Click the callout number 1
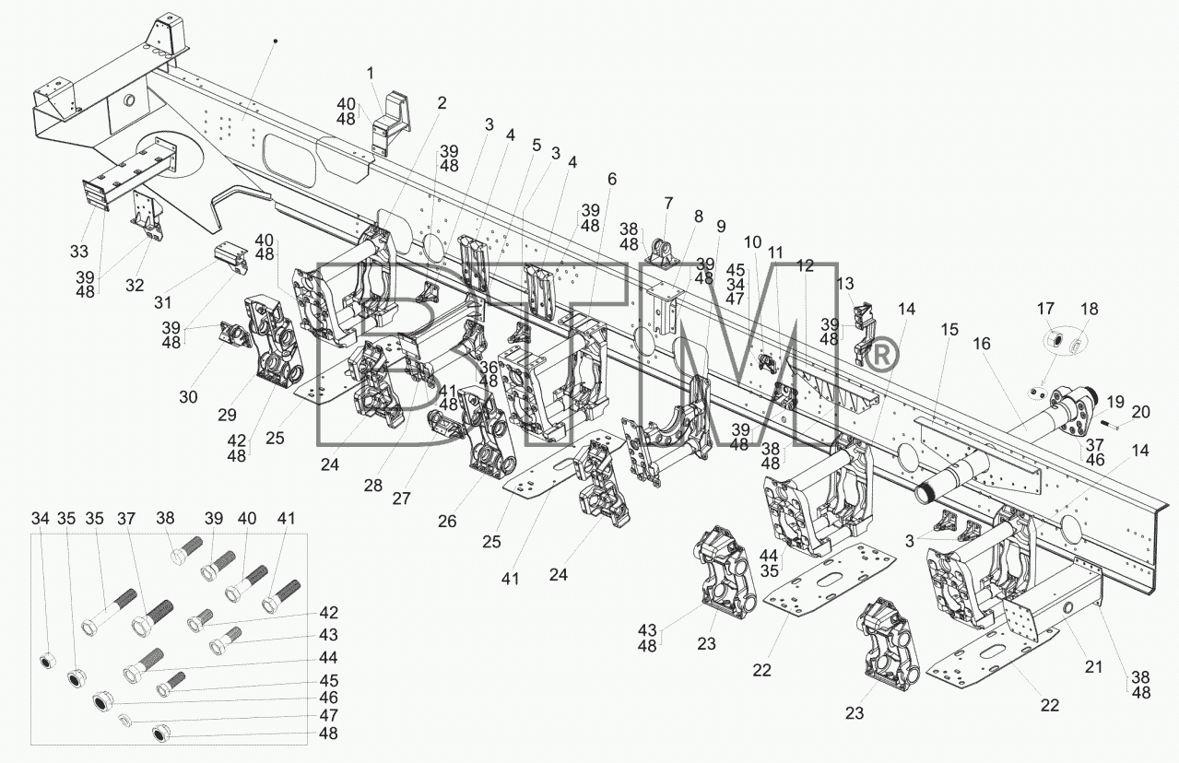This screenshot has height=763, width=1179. click(370, 73)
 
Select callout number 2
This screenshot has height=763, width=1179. click(441, 103)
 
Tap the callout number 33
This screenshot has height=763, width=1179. click(79, 252)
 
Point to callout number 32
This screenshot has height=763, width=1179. click(135, 286)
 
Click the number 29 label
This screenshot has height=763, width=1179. click(227, 416)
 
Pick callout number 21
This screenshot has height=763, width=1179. click(1094, 667)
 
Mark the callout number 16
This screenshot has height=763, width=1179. click(982, 344)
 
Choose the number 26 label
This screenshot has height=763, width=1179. click(447, 522)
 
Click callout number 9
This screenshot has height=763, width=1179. click(721, 227)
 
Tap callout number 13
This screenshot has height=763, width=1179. click(844, 284)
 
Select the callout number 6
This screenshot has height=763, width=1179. click(611, 179)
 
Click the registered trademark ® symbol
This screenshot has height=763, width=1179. click(883, 357)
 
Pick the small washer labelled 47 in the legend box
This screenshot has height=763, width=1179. click(125, 718)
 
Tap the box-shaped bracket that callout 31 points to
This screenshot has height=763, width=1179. click(230, 257)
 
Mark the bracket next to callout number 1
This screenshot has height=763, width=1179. click(391, 125)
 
